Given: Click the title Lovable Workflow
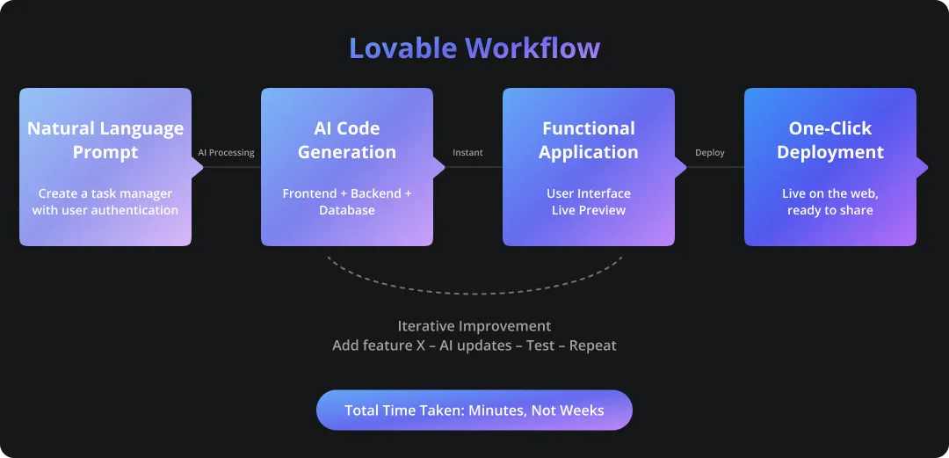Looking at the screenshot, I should (474, 48).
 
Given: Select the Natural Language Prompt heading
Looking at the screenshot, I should (105, 140).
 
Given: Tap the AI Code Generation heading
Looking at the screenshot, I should (347, 140).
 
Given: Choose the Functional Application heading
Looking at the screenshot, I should (589, 140).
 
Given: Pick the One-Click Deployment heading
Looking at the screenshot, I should (830, 140).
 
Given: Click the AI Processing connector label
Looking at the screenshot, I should (226, 153).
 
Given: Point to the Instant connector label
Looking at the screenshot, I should (467, 153).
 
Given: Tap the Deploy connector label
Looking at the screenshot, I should (710, 153).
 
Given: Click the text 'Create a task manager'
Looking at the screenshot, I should (105, 193).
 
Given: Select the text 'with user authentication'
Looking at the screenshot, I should (105, 210).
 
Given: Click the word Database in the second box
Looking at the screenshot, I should (347, 210).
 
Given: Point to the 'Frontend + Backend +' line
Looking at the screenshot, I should (347, 193).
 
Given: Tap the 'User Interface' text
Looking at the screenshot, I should (589, 193).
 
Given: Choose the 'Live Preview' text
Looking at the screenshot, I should (589, 210).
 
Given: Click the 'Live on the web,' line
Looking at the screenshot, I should (830, 193).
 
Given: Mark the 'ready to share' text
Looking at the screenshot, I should (830, 210).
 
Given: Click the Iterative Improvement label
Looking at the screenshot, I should (474, 326).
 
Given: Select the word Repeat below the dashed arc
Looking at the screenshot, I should (593, 345).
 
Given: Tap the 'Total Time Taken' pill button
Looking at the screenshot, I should (474, 411).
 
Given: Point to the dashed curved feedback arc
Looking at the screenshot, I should (474, 293).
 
